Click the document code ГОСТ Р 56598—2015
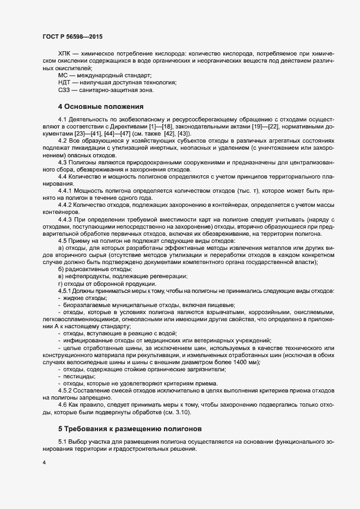point(72,37)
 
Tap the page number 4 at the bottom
point(44,463)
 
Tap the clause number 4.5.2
point(65,391)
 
